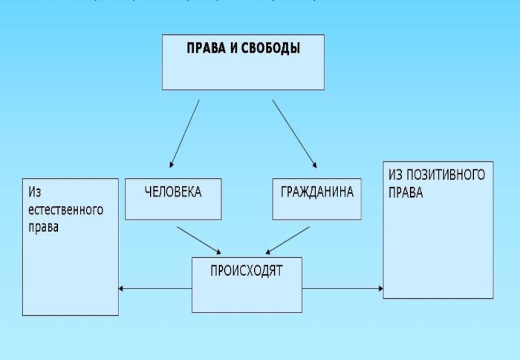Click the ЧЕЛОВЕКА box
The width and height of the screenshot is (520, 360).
pos(173,199)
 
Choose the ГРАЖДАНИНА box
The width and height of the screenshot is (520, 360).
pos(317,199)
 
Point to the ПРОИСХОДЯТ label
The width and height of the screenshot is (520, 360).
pos(246,271)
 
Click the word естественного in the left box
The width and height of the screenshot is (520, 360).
pos(66,211)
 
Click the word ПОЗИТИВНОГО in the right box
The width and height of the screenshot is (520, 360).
pos(447,175)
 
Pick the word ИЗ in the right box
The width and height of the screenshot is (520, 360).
pos(397,175)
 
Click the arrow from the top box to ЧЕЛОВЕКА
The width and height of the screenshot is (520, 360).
pos(185,133)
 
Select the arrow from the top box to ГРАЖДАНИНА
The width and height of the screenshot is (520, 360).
pos(294,133)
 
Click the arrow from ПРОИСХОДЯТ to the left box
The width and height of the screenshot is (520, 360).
pos(156,289)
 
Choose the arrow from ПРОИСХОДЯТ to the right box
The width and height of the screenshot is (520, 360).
pos(342,289)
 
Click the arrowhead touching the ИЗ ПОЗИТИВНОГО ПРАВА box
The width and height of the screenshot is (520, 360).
pos(379,289)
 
